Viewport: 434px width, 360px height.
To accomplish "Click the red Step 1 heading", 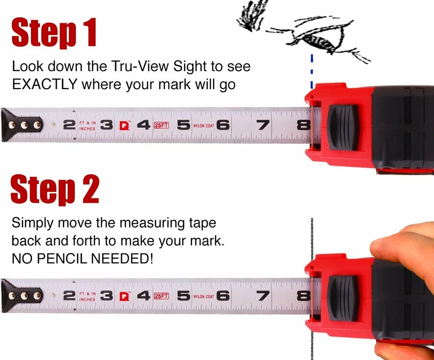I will point(54,33).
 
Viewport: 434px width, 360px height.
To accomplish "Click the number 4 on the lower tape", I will point(143,296).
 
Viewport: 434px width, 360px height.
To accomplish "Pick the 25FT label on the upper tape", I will point(161,125).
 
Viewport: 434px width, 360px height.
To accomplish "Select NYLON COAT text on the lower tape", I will point(203,296).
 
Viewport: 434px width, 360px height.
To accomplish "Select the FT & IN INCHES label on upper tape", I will point(87,125).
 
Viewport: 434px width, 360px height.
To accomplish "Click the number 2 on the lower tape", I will point(69,296).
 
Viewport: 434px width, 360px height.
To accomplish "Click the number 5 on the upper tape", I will point(183,125).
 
